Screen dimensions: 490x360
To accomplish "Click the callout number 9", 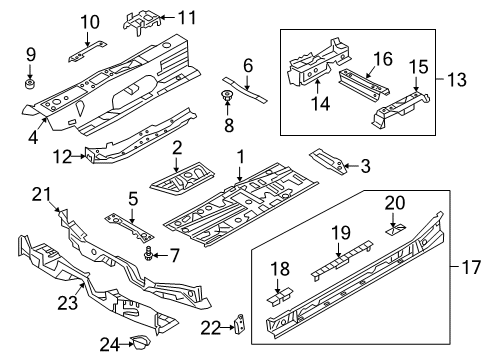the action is pyautogui.click(x=31, y=54).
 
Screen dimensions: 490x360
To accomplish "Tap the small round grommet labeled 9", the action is pyautogui.click(x=30, y=83).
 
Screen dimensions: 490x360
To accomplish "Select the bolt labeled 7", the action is pyautogui.click(x=147, y=254).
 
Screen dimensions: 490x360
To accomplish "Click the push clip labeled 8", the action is pyautogui.click(x=227, y=96).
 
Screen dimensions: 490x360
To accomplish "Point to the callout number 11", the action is pyautogui.click(x=187, y=17).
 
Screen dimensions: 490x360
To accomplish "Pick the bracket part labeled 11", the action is pyautogui.click(x=141, y=21).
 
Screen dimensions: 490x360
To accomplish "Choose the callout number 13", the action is pyautogui.click(x=456, y=80).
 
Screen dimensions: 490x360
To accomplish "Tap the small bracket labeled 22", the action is pyautogui.click(x=240, y=323).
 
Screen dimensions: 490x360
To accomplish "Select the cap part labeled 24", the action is pyautogui.click(x=141, y=342).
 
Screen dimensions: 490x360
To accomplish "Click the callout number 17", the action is pyautogui.click(x=471, y=267).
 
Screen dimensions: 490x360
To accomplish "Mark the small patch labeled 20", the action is pyautogui.click(x=396, y=230).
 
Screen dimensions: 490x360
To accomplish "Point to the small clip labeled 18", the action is pyautogui.click(x=279, y=295).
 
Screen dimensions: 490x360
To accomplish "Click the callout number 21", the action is pyautogui.click(x=42, y=195).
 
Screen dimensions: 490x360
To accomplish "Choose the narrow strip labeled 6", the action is pyautogui.click(x=245, y=90).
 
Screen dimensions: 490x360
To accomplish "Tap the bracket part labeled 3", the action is pyautogui.click(x=329, y=162).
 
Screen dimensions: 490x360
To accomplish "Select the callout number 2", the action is pyautogui.click(x=177, y=148).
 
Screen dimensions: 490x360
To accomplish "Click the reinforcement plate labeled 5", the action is pyautogui.click(x=129, y=227).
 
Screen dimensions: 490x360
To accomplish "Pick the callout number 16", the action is pyautogui.click(x=383, y=59).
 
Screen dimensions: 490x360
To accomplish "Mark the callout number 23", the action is pyautogui.click(x=68, y=303).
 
